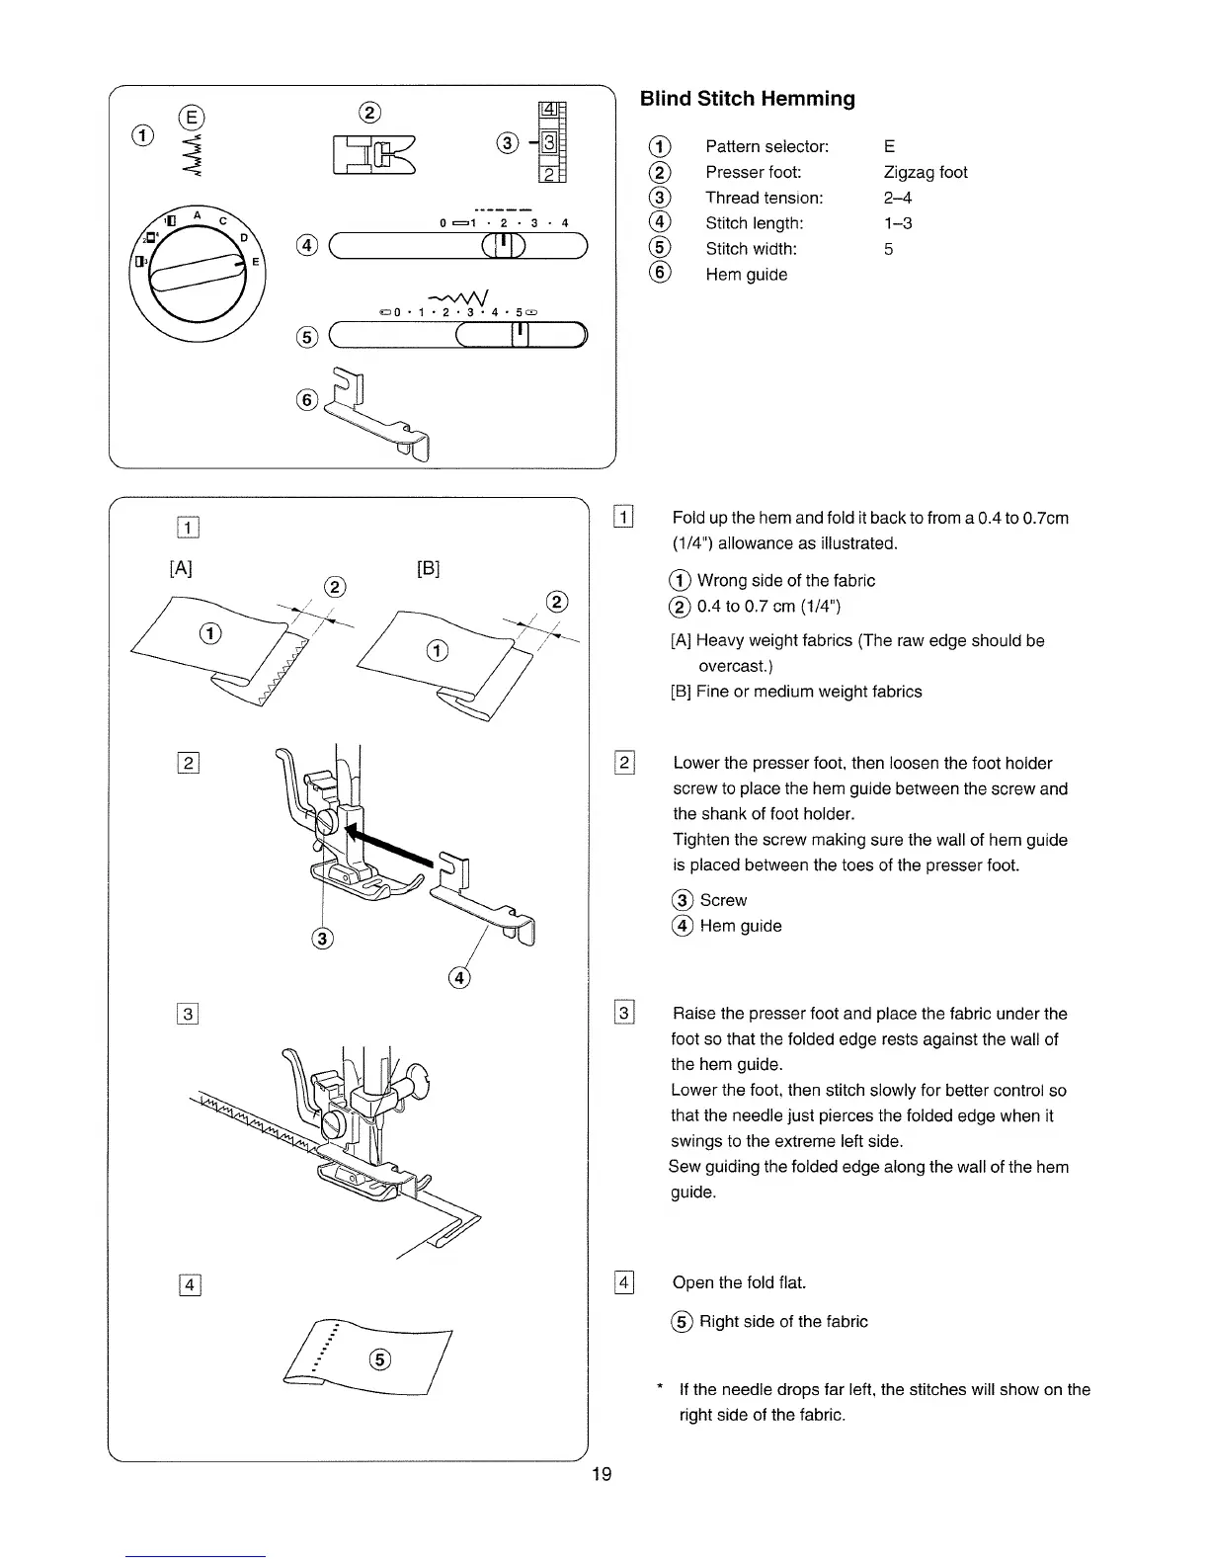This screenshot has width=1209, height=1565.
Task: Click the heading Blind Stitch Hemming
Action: point(747,99)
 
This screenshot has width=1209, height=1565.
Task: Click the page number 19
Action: point(602,1475)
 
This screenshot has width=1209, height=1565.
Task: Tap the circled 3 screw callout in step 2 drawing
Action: point(321,938)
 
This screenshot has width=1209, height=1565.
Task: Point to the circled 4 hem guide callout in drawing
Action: point(458,978)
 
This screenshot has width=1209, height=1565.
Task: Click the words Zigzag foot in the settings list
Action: point(926,172)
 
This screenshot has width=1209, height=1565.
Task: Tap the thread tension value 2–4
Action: point(898,198)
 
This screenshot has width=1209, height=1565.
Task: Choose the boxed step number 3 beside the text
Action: point(623,1013)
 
